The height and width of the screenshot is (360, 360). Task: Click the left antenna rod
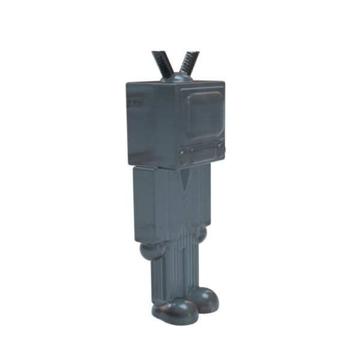coord(161,64)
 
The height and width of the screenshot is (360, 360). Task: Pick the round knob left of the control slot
coord(184,157)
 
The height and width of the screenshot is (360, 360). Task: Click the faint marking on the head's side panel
coord(133,104)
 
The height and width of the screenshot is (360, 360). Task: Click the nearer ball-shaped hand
coord(151,250)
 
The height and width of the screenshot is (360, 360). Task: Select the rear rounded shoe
coord(205,299)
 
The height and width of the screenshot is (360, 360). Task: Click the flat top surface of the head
coord(174,83)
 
